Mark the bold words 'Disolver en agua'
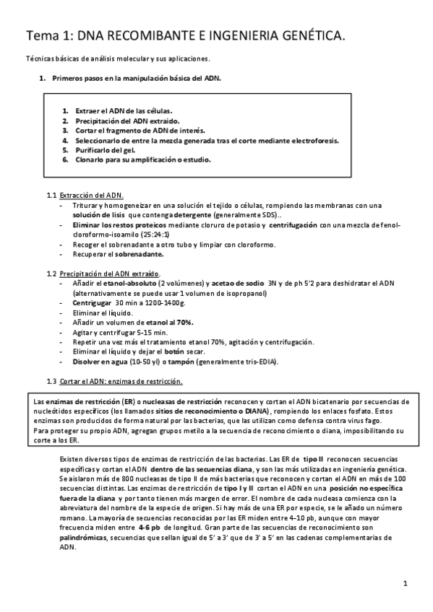tap(103, 361)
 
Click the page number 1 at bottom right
tap(406, 583)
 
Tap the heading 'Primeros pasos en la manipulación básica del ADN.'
tap(137, 77)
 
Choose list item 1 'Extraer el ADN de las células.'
tap(123, 110)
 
